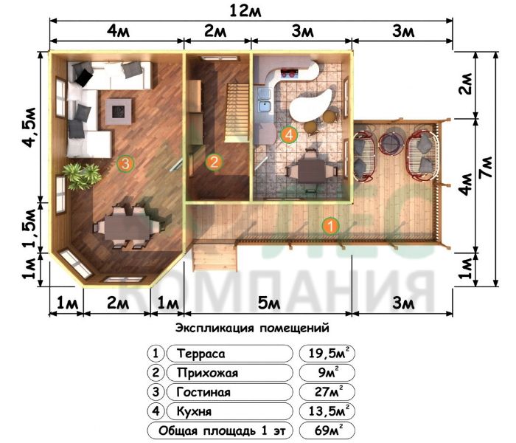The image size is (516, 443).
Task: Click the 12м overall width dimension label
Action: [245, 11]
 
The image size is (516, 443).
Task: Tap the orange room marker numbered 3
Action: [125, 163]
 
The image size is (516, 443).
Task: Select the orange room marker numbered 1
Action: [330, 226]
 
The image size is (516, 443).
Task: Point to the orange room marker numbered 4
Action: [289, 135]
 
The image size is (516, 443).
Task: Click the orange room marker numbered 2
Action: [214, 162]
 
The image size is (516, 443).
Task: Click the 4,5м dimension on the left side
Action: [28, 127]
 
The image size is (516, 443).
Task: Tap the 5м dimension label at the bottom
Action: [269, 303]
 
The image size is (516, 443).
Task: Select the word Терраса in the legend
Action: [201, 354]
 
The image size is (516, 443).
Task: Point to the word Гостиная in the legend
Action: [203, 392]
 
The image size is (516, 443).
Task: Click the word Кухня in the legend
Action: [194, 411]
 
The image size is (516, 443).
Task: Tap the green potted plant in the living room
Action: [82, 176]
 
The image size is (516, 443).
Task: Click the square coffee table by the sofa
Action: [119, 111]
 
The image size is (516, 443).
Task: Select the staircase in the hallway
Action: [237, 112]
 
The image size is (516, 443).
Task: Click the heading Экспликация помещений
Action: [252, 329]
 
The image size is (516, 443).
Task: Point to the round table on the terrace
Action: [391, 142]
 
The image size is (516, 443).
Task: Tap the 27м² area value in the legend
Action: [327, 392]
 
